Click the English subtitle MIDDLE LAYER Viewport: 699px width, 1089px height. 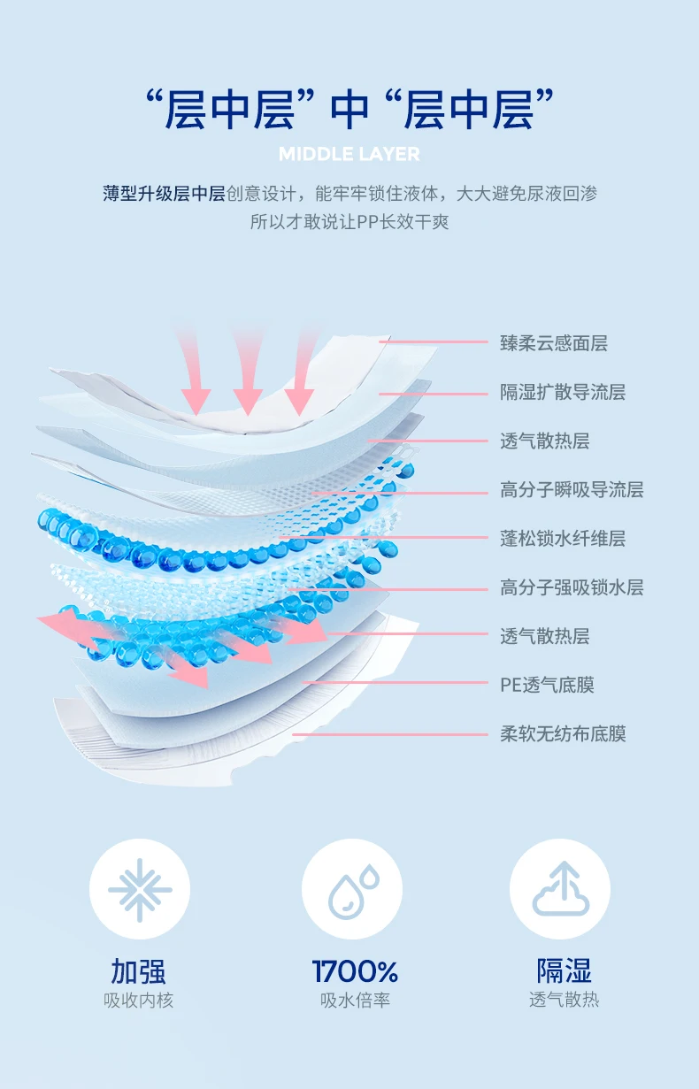click(349, 154)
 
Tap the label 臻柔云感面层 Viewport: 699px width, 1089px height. click(554, 343)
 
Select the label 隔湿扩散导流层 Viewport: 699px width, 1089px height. click(563, 392)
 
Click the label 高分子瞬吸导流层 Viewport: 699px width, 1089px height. click(572, 489)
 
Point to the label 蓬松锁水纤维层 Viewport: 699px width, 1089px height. click(563, 538)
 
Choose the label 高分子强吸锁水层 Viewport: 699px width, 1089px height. click(572, 587)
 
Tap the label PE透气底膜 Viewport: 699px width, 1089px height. click(548, 685)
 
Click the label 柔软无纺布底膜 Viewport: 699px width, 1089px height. click(563, 733)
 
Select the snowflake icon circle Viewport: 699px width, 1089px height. click(140, 889)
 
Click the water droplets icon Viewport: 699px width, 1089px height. click(354, 889)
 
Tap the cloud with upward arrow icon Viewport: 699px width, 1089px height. click(560, 889)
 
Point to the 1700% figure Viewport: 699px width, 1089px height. click(355, 970)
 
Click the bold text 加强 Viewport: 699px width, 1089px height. click(139, 970)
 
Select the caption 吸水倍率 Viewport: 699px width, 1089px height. click(355, 1000)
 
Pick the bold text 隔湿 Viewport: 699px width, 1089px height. click(564, 970)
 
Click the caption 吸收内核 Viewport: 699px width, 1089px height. click(139, 1000)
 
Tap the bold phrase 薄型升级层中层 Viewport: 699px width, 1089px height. click(164, 194)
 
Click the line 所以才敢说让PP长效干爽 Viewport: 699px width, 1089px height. click(349, 222)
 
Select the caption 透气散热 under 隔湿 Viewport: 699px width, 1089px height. click(564, 1000)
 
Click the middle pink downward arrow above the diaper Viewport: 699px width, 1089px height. click(248, 372)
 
